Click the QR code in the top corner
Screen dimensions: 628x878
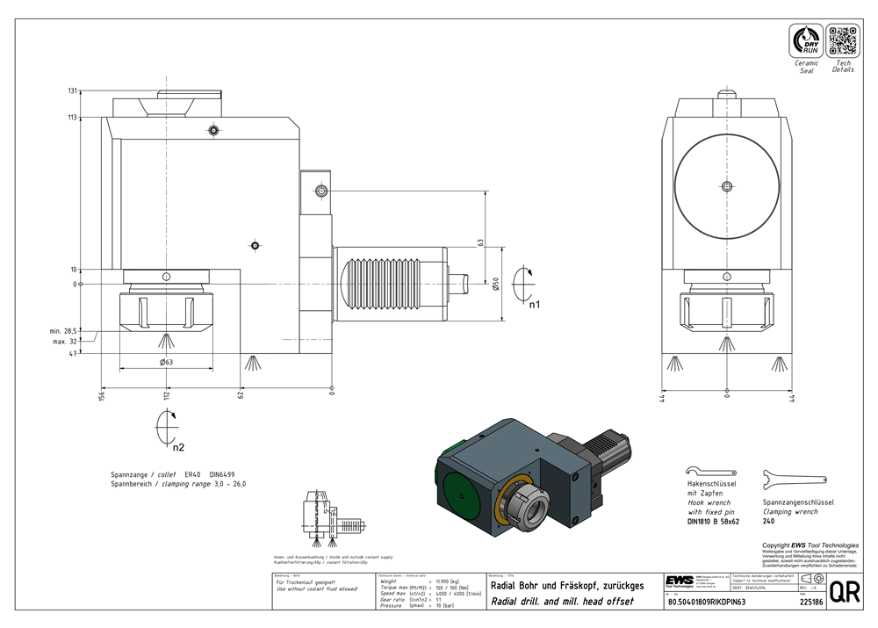pos(842,41)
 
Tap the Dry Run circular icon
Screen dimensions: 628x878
pos(806,41)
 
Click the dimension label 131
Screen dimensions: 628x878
pos(73,90)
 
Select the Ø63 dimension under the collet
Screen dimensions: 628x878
pos(165,362)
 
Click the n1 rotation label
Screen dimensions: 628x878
pos(534,304)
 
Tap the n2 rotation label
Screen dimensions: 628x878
pos(178,447)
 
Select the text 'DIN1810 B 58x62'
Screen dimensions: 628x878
pos(713,522)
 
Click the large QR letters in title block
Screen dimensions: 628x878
pos(844,593)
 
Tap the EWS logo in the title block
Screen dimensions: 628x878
pos(680,583)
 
